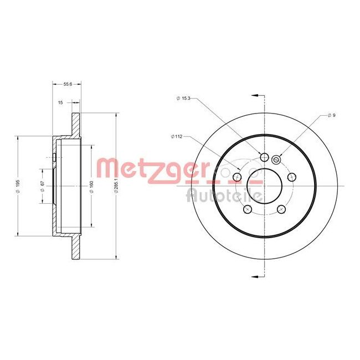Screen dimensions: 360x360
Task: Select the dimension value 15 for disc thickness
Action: (x=60, y=102)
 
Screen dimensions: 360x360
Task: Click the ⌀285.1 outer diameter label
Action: (x=116, y=186)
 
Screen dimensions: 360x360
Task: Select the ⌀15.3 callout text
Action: (x=183, y=99)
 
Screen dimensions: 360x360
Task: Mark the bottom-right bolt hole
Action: (x=281, y=209)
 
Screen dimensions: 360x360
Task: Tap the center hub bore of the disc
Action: (x=256, y=177)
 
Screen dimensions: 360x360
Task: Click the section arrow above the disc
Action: (x=255, y=96)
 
